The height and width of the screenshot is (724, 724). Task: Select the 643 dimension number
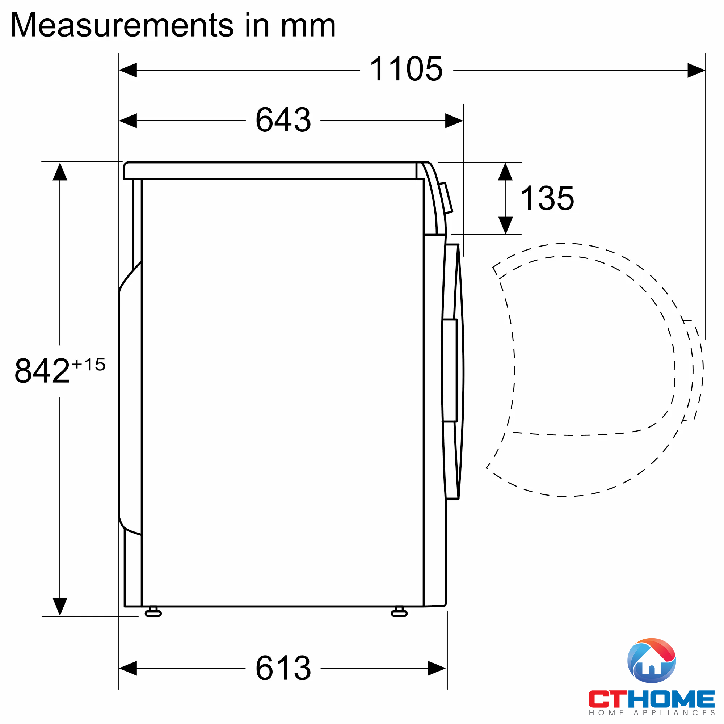coord(283,120)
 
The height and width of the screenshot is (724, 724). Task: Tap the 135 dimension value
coord(547,198)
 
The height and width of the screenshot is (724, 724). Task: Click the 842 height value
coord(42,371)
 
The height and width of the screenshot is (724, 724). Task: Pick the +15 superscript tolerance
coord(89,364)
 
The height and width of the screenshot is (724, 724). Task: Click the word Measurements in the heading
coord(122,25)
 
